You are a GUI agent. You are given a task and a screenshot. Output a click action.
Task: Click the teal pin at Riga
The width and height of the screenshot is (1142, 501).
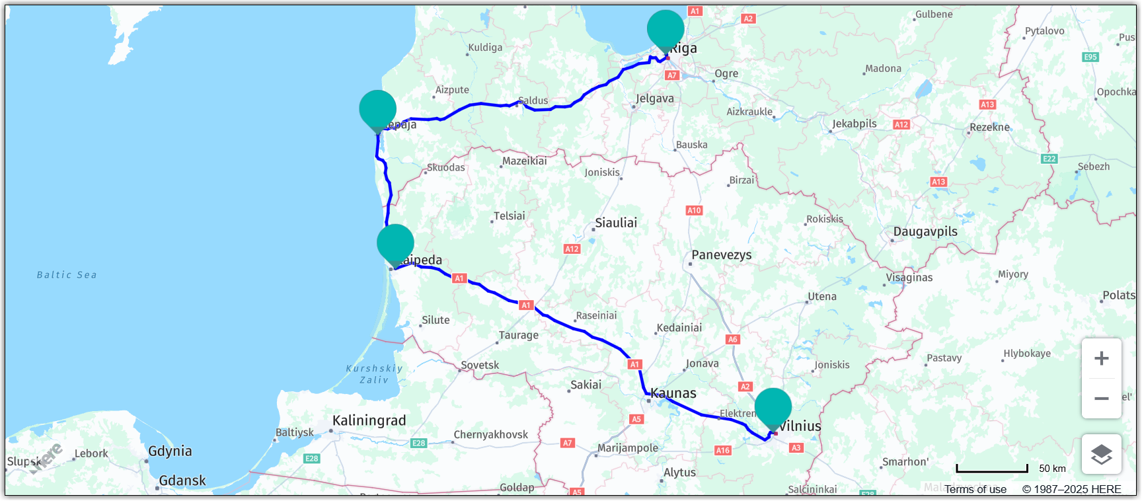click(666, 29)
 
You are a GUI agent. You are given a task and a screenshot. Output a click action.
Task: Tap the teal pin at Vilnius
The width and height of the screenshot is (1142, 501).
click(773, 407)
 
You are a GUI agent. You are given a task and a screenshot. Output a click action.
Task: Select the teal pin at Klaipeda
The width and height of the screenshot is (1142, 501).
click(395, 243)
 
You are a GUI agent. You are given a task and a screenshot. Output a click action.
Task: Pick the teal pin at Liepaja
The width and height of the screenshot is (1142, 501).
click(377, 109)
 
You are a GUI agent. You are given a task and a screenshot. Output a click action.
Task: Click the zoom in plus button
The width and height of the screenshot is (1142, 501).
click(1101, 359)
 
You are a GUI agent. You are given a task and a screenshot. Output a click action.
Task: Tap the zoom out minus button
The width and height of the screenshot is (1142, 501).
click(1101, 399)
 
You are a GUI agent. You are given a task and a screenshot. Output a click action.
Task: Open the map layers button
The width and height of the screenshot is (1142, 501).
click(1101, 454)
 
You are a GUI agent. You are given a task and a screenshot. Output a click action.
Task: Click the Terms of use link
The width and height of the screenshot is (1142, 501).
click(975, 489)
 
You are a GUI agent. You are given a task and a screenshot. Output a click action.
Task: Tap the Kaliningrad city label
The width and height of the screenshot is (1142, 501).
click(369, 421)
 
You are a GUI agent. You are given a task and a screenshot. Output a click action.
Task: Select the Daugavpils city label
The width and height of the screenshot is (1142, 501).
click(925, 232)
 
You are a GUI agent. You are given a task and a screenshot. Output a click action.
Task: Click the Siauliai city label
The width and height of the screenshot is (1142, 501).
click(616, 223)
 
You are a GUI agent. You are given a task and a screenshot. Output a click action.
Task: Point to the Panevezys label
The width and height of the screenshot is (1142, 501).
click(721, 255)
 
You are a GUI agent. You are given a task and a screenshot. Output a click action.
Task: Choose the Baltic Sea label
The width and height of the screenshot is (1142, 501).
click(67, 275)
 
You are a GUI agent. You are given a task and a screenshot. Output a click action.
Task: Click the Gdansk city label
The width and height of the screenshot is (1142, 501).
click(182, 481)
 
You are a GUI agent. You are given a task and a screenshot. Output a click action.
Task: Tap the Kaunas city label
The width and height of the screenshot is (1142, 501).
click(673, 393)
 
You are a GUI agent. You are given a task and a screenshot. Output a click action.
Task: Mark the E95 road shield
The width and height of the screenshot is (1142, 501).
click(1090, 58)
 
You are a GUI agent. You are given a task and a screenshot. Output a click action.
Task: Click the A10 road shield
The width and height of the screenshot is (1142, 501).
click(694, 211)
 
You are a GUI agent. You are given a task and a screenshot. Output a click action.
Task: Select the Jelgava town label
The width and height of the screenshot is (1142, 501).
click(655, 99)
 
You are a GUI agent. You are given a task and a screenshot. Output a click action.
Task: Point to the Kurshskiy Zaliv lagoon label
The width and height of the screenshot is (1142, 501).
click(374, 374)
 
